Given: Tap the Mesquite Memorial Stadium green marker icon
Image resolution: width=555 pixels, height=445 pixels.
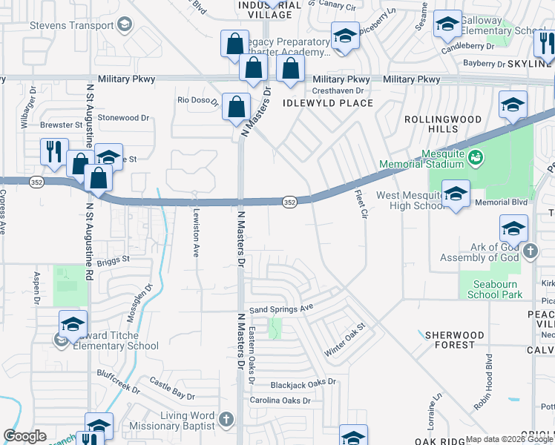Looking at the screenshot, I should [475, 156].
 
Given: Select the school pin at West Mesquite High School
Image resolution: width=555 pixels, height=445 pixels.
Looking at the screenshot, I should [456, 194].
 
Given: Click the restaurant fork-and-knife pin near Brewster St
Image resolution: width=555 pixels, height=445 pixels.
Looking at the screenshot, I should [54, 151].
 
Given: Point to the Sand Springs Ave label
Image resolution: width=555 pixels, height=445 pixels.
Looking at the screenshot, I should [281, 308].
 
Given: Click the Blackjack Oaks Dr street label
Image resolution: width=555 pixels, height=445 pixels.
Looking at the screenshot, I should [303, 383].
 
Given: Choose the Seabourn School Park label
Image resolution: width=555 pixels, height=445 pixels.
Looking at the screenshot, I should [494, 289].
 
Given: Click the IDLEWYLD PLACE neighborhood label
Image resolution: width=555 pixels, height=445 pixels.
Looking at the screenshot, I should [328, 103].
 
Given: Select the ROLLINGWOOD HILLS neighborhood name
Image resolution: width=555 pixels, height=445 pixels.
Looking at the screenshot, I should [441, 124].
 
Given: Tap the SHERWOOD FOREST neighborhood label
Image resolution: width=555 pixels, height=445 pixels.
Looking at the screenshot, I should [455, 340].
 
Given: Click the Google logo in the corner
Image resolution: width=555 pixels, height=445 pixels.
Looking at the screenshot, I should [25, 436].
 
